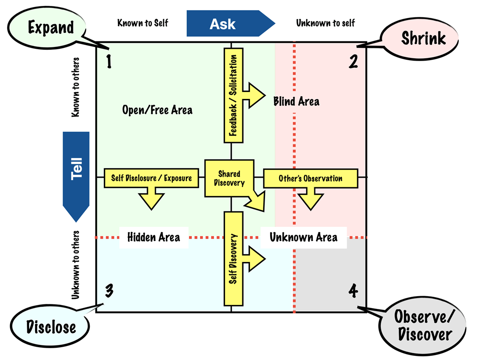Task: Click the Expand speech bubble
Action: (51, 27)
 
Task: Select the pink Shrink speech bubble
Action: (423, 38)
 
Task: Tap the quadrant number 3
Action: (110, 290)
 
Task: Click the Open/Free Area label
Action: (157, 110)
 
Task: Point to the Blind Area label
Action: (296, 101)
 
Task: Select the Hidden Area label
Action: (153, 237)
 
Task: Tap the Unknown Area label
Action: (303, 237)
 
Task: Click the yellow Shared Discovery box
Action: (229, 178)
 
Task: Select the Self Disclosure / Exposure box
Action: (151, 178)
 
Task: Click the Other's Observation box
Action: (311, 178)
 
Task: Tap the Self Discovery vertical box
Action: (232, 258)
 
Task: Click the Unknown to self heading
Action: (326, 22)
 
